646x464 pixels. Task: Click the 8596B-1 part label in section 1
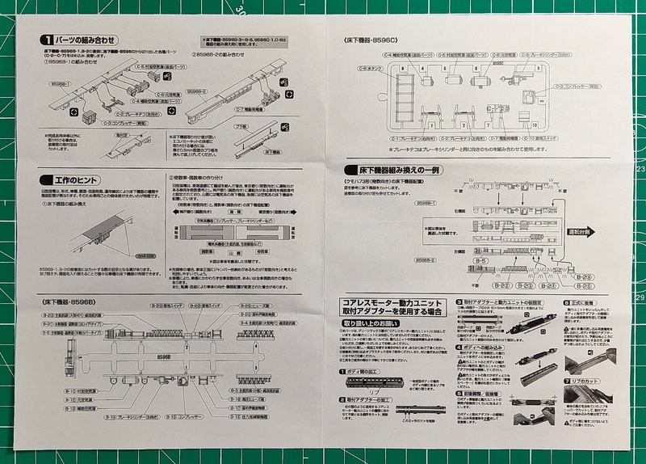61,83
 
